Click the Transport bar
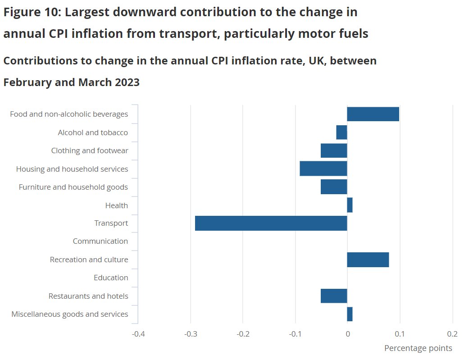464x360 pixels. click(271, 223)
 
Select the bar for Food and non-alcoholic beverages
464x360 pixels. click(373, 114)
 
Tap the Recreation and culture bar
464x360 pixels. click(368, 260)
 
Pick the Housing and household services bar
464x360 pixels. click(323, 169)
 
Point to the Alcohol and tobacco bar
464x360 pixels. click(342, 132)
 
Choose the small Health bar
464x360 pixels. click(350, 205)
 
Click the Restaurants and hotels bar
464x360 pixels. click(334, 296)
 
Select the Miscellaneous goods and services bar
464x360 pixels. click(350, 314)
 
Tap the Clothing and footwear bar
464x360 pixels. click(334, 150)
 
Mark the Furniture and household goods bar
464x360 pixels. click(334, 187)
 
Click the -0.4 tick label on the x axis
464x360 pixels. click(138, 334)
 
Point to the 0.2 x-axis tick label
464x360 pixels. click(452, 334)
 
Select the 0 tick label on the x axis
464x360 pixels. click(347, 334)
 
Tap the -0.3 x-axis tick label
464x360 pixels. click(190, 334)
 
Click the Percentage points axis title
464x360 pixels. click(418, 348)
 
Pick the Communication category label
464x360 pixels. click(100, 242)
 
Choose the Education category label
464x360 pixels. click(111, 278)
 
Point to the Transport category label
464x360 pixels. click(111, 223)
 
